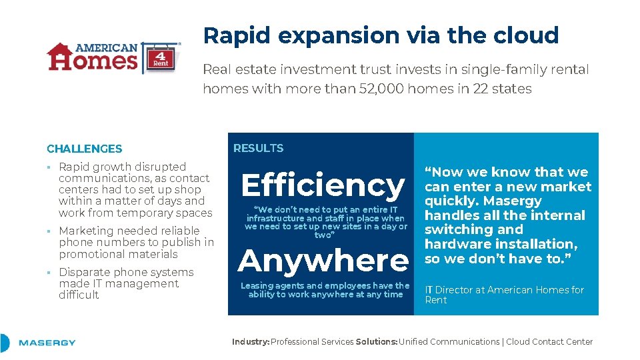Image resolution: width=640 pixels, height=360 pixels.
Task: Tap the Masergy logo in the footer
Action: (47, 343)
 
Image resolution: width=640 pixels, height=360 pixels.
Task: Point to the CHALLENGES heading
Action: (85, 149)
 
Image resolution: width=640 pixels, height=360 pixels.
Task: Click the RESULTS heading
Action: (258, 148)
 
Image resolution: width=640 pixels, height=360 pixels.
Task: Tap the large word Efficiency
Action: (323, 185)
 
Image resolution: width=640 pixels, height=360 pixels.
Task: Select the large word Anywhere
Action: (323, 260)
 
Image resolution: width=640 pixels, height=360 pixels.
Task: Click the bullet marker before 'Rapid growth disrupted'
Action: (49, 167)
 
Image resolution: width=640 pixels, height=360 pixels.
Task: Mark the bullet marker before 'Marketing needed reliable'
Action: (49, 231)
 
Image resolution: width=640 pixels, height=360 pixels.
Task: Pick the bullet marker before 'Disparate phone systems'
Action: (49, 273)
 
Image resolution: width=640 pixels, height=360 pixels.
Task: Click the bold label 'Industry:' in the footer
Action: (251, 341)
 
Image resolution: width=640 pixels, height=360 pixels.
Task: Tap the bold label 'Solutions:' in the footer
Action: (377, 341)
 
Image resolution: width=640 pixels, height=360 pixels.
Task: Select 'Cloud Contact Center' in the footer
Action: (549, 341)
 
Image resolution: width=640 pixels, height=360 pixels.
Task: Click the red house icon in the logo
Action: (59, 56)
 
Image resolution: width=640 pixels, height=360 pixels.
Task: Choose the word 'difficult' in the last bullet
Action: (79, 295)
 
